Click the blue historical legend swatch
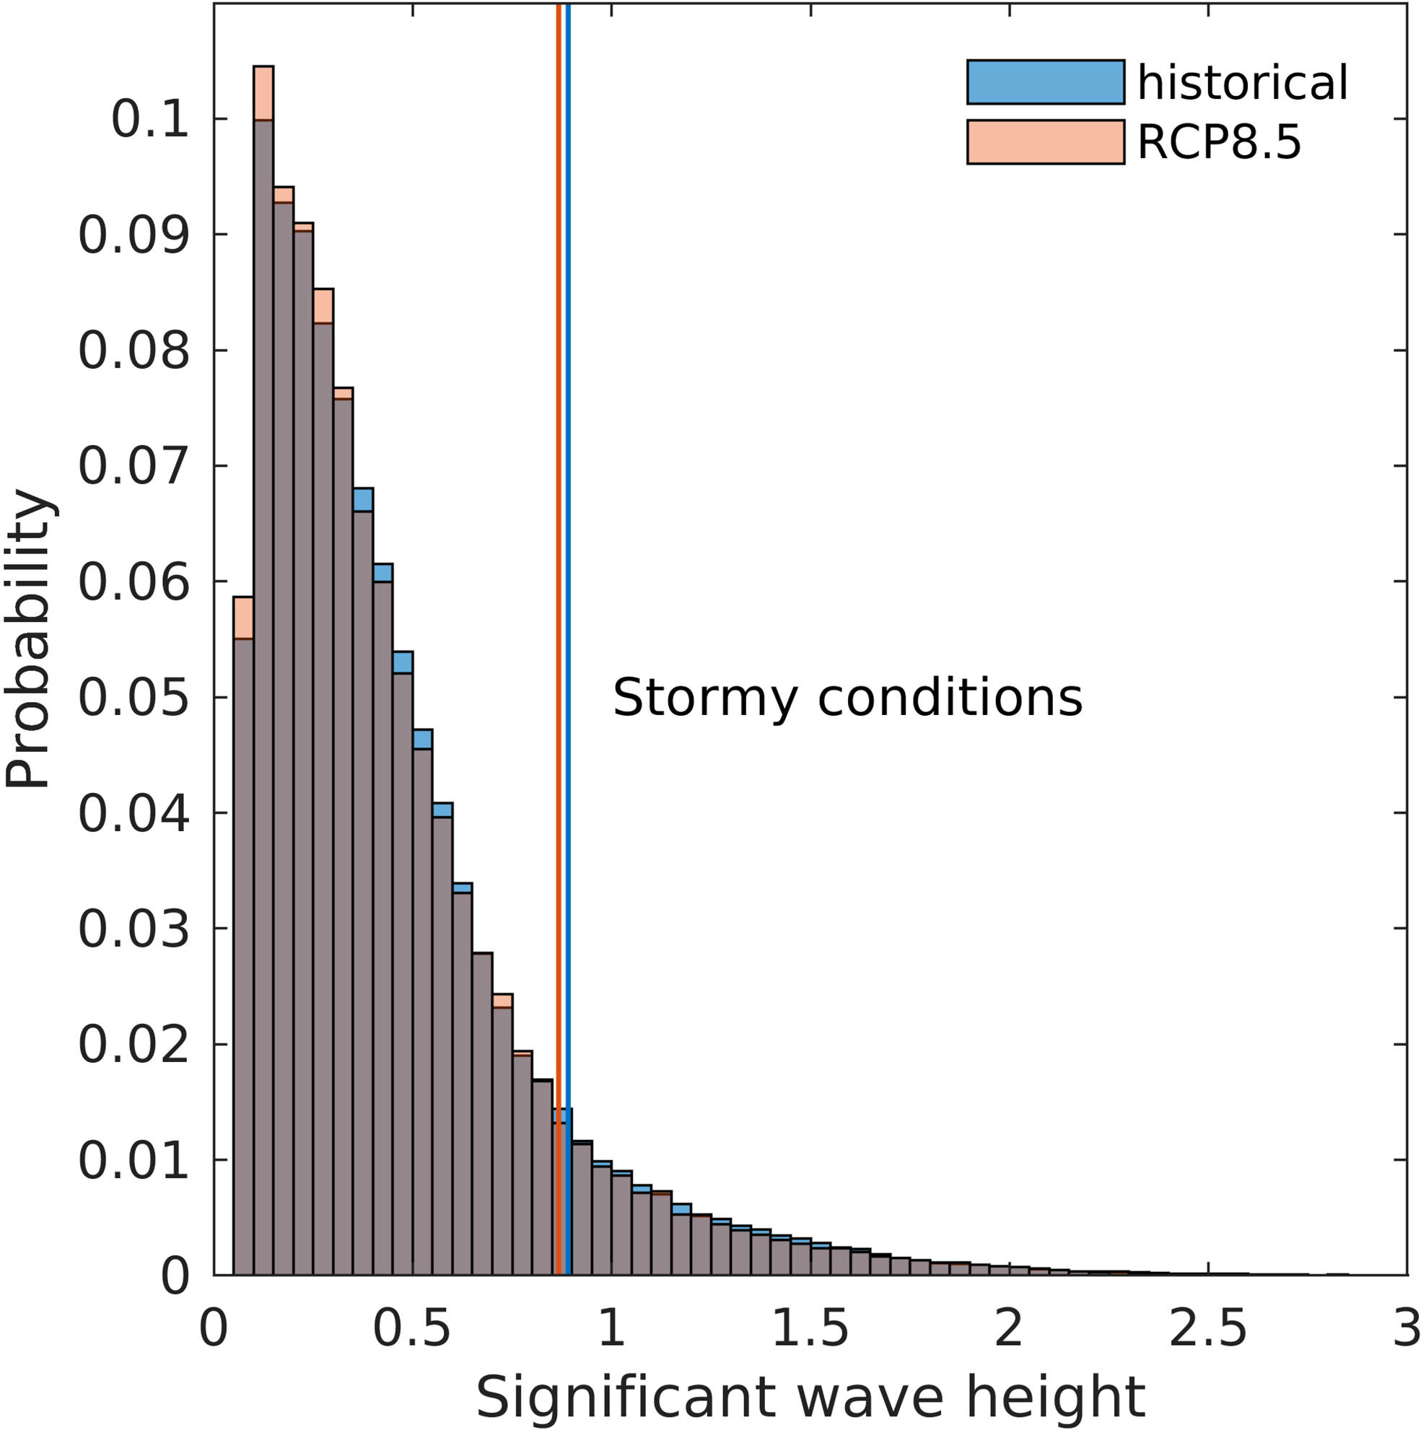point(1045,82)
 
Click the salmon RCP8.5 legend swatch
point(1045,141)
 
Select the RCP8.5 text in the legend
point(1219,141)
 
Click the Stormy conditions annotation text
point(847,697)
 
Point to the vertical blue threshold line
point(568,518)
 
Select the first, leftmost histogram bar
point(244,962)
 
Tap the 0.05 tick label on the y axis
point(134,698)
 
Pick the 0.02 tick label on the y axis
point(134,1045)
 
